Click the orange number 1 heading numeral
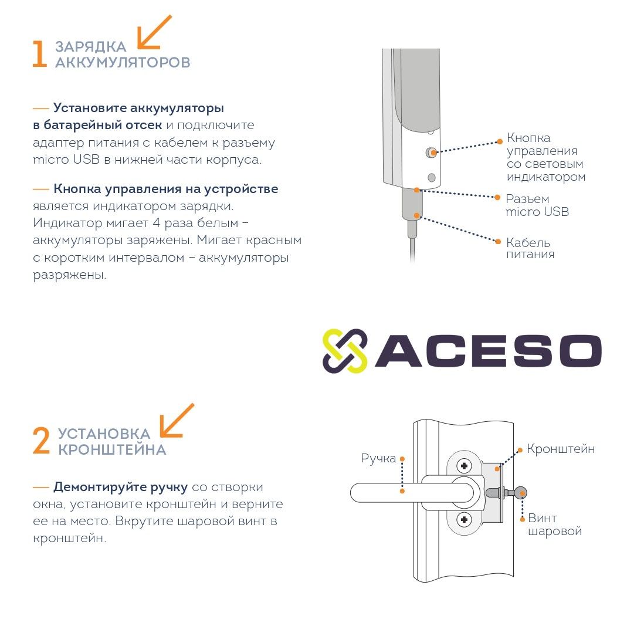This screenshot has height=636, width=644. click(39, 53)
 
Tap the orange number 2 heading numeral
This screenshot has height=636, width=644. click(41, 441)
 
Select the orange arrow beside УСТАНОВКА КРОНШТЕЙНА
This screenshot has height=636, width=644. click(177, 420)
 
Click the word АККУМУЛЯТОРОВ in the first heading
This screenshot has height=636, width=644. click(123, 62)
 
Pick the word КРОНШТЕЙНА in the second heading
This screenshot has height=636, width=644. click(112, 450)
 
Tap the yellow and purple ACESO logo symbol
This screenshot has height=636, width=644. click(345, 351)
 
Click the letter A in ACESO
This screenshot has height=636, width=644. click(398, 350)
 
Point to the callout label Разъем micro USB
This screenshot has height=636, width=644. click(537, 205)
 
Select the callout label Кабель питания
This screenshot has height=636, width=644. click(530, 248)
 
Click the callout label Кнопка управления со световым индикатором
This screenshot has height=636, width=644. click(546, 157)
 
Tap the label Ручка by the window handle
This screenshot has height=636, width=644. click(378, 458)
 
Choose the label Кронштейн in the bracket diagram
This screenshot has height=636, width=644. click(561, 449)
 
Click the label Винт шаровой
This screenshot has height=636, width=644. click(555, 525)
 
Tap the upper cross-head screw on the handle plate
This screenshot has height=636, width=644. click(465, 466)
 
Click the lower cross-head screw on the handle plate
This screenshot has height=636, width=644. click(465, 520)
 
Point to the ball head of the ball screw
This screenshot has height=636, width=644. click(520, 493)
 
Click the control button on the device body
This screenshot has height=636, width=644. click(431, 153)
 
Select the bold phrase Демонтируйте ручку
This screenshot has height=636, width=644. click(121, 488)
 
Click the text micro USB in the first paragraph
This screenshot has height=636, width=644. click(66, 160)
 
